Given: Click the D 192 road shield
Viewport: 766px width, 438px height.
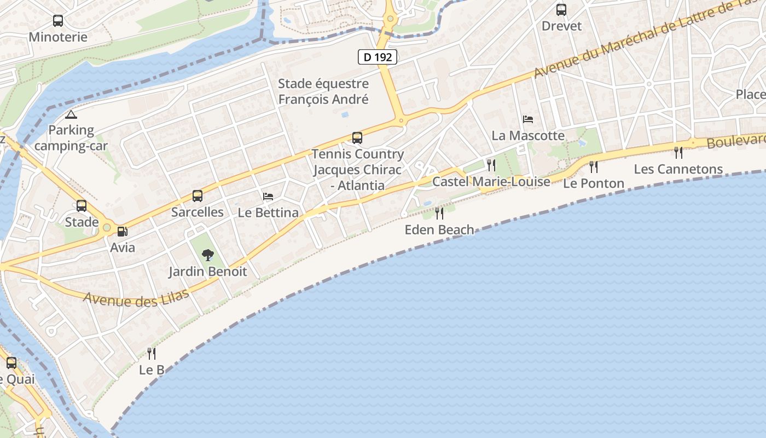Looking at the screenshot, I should tap(378, 56).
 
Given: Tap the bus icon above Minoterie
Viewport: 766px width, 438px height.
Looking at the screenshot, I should tap(58, 21).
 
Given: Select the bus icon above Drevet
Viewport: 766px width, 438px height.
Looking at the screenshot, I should tap(561, 9).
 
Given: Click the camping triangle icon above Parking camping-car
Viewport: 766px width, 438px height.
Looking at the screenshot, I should tap(71, 114).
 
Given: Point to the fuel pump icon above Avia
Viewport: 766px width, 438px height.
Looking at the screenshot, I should tap(123, 232).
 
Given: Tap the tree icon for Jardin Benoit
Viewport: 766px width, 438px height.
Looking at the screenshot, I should tap(207, 255).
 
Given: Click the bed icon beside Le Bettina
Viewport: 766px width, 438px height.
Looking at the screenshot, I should tap(268, 196).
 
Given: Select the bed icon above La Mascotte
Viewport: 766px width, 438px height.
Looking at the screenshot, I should tap(528, 119).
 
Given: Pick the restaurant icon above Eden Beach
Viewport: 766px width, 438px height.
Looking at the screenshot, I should tap(439, 213).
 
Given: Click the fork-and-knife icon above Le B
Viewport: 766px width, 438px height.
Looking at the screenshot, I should tap(152, 354).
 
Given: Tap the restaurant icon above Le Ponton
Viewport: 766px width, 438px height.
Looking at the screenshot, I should tap(594, 166).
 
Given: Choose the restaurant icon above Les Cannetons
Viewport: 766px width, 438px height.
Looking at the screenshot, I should tap(678, 152).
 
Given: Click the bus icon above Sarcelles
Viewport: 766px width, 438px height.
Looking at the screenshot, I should tap(198, 195).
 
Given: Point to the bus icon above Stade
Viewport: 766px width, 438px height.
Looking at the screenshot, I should tap(82, 206).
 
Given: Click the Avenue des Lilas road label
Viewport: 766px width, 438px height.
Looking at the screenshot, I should tap(136, 298).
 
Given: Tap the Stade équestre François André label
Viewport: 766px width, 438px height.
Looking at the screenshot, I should tap(323, 91).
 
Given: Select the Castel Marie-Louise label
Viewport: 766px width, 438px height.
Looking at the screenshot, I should tap(491, 181).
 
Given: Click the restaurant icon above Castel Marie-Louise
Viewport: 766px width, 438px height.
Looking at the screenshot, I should tap(491, 165).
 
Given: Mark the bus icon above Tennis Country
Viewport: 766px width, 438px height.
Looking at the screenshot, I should tap(357, 137).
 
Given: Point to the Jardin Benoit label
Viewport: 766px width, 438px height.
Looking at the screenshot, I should tap(207, 272).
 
